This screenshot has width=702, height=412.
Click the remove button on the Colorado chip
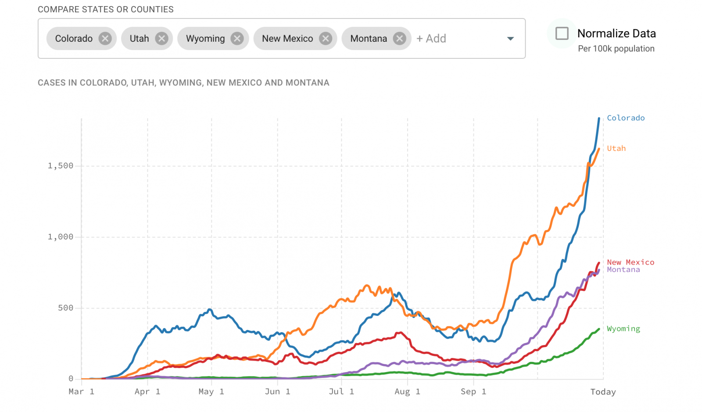(105, 39)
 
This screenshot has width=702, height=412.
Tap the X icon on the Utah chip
(162, 39)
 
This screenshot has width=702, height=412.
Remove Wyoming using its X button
(237, 39)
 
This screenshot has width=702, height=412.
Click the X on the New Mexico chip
(326, 39)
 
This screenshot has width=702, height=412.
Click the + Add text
(431, 39)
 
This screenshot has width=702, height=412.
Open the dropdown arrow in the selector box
(510, 39)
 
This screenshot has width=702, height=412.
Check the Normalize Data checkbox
(562, 33)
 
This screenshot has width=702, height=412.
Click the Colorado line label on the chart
(626, 118)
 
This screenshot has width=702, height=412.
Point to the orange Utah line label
(616, 148)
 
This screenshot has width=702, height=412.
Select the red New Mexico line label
(630, 262)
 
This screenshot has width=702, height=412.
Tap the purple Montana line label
(623, 270)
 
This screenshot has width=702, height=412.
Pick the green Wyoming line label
(623, 329)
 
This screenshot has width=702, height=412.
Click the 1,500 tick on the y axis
(61, 166)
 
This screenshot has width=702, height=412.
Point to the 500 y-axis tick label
(65, 308)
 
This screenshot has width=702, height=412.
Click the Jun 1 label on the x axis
(277, 391)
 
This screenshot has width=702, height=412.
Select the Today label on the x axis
(603, 392)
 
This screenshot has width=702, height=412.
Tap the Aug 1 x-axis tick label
(407, 391)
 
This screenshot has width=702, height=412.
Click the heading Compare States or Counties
(106, 9)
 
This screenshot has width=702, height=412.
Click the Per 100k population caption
(616, 49)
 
